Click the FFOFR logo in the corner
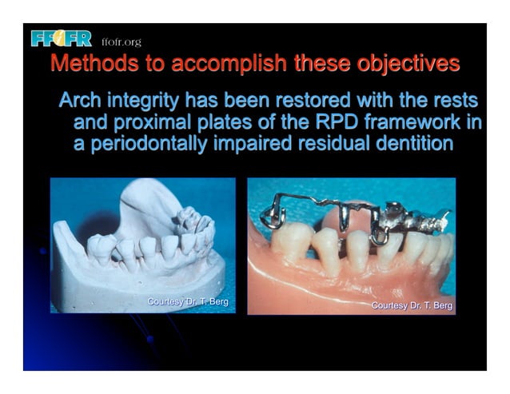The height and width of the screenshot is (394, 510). (x=62, y=38)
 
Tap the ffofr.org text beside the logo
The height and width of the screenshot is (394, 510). (x=120, y=42)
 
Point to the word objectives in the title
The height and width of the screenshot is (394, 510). (x=404, y=63)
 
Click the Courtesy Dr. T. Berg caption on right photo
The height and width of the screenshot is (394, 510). (x=412, y=306)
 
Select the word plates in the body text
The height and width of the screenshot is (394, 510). (x=220, y=124)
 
